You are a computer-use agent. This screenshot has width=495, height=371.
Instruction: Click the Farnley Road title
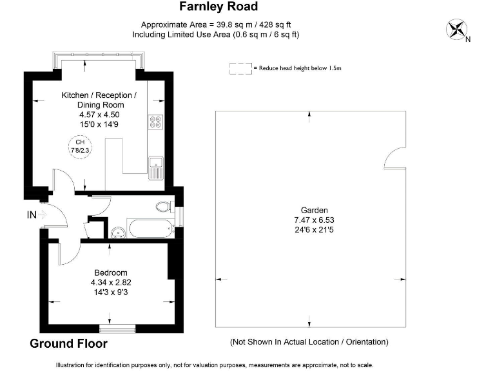218,6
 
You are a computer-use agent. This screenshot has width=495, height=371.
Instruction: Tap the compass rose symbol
456,30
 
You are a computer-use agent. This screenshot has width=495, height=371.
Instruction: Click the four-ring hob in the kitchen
155,122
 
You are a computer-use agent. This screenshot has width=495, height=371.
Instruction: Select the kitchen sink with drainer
155,168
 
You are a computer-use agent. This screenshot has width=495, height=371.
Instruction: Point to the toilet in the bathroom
164,207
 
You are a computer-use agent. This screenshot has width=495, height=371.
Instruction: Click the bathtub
151,229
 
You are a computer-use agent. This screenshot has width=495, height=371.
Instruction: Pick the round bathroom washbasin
118,233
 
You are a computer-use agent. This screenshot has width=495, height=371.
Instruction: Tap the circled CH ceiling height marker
80,147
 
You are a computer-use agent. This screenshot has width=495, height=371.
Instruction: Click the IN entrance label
32,215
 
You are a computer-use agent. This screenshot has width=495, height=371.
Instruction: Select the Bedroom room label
111,273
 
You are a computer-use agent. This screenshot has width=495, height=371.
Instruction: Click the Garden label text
314,210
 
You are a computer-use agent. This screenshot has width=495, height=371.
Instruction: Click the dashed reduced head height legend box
240,69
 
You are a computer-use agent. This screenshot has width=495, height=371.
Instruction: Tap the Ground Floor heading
68,343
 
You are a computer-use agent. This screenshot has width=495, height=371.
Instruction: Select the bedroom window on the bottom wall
117,328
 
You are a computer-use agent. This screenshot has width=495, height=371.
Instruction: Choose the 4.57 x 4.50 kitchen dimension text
99,115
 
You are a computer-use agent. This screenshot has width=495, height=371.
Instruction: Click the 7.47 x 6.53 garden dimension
314,220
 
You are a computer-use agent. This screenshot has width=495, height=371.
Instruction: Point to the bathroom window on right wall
180,216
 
